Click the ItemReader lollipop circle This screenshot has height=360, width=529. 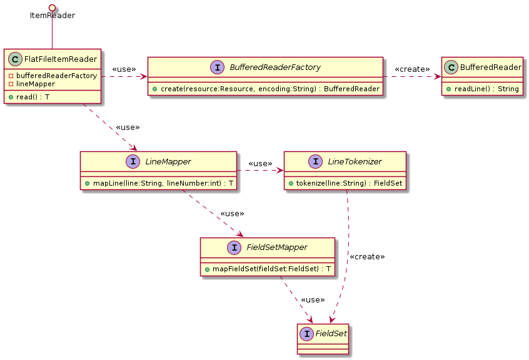point(52,6)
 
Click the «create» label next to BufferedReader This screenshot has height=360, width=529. point(412,69)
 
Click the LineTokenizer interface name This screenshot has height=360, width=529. point(355,162)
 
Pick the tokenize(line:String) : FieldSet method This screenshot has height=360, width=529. point(345,184)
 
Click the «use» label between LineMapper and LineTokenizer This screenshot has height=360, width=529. point(260,164)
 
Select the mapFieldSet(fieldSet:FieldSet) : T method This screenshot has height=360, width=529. point(267,269)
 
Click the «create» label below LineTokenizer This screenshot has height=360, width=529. point(367,257)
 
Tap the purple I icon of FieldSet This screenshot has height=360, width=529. point(308,333)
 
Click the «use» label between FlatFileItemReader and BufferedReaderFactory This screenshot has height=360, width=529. point(124,69)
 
